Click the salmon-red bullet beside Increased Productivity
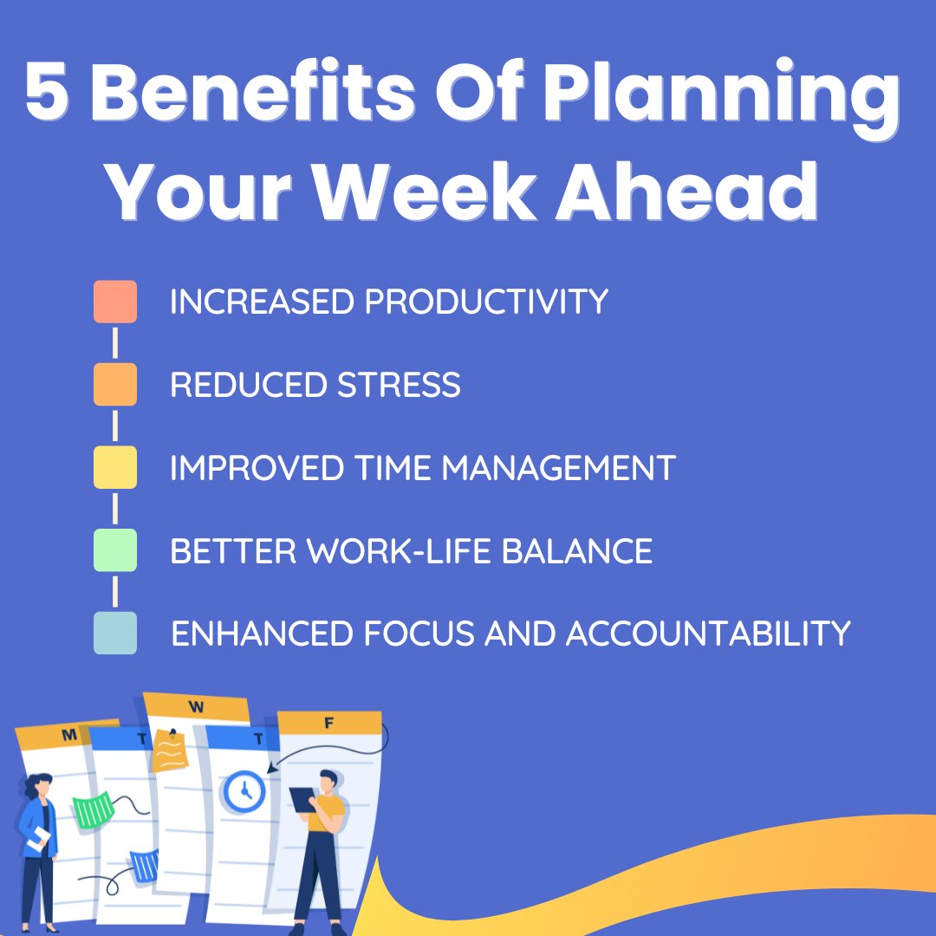pos(115,302)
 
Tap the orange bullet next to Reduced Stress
pos(115,384)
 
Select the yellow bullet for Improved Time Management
pos(115,467)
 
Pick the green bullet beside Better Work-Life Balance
pos(115,550)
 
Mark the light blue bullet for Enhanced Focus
pos(115,633)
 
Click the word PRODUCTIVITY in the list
pos(486,302)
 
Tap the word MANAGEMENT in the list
pos(558,468)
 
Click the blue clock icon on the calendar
pos(244,791)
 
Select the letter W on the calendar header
pos(196,707)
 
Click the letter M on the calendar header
pos(68,736)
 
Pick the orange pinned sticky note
pos(170,751)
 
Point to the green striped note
pos(93,809)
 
